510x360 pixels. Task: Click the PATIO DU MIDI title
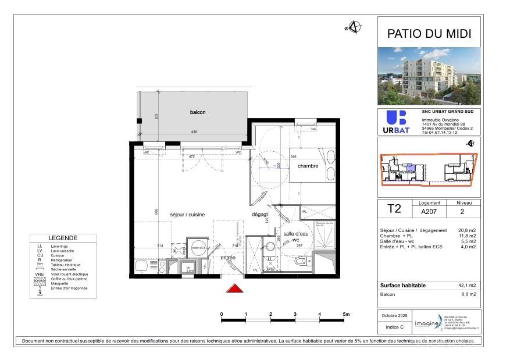coord(429,34)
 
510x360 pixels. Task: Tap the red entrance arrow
coord(234,289)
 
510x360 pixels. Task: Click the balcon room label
coord(198,112)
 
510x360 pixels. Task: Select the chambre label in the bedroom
coord(308,166)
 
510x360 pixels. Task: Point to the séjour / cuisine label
coord(187,215)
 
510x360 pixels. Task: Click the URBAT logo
coord(397,123)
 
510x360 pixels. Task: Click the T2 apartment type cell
coord(394,208)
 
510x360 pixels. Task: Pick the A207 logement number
coord(429,212)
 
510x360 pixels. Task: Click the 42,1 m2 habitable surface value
coord(468,286)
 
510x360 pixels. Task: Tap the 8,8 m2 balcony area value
coord(469,295)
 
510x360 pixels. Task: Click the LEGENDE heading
coord(62,238)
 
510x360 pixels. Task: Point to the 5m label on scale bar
coord(346,314)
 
